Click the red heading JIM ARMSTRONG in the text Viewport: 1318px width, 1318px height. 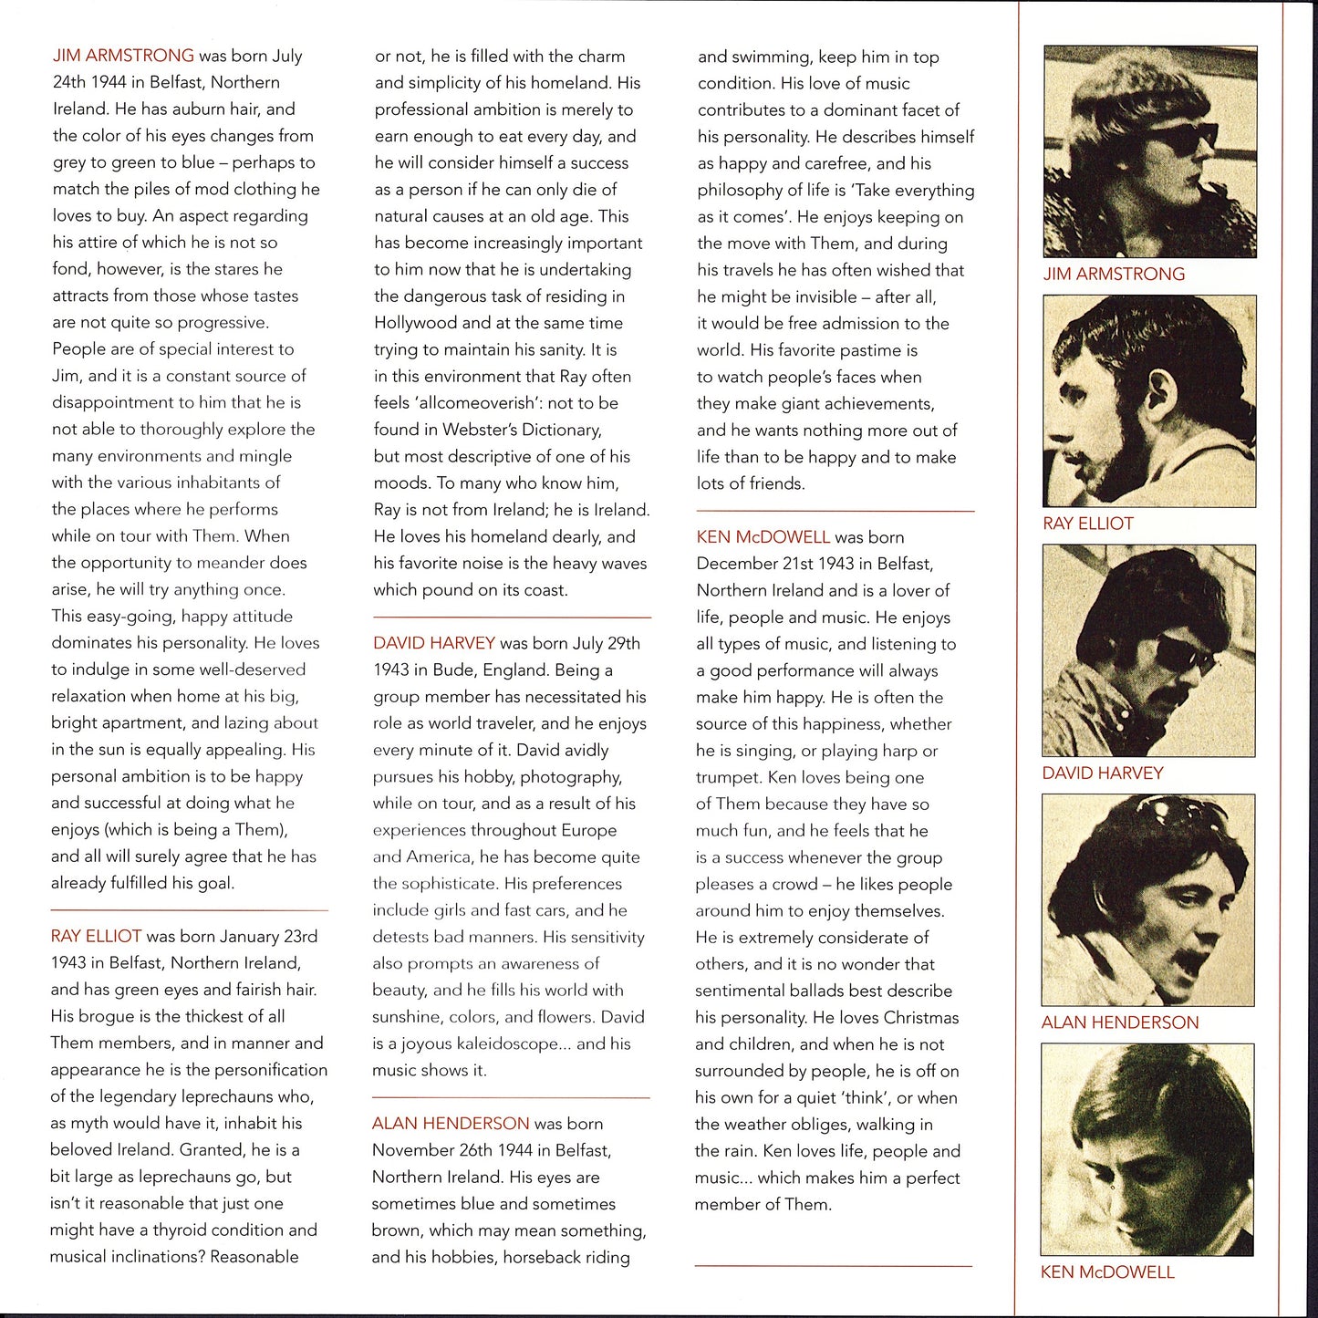click(x=123, y=56)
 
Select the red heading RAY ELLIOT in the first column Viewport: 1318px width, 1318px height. click(x=96, y=936)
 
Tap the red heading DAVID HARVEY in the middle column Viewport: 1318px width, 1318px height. click(x=433, y=643)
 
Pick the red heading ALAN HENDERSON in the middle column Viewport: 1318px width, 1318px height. click(x=450, y=1124)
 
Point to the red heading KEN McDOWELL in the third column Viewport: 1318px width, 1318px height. click(x=763, y=537)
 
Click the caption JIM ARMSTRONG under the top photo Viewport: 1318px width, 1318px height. click(x=1114, y=274)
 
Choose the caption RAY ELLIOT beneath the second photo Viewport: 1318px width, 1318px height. click(x=1088, y=524)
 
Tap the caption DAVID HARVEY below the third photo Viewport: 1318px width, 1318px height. click(x=1103, y=773)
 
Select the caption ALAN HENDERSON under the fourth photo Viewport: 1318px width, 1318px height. click(x=1120, y=1022)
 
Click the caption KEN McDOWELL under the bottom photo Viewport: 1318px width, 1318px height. click(x=1107, y=1272)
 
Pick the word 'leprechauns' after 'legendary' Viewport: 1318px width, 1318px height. click(x=246, y=1096)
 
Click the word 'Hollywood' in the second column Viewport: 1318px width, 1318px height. click(x=414, y=323)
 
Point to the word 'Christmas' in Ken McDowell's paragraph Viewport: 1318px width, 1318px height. click(x=921, y=1018)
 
